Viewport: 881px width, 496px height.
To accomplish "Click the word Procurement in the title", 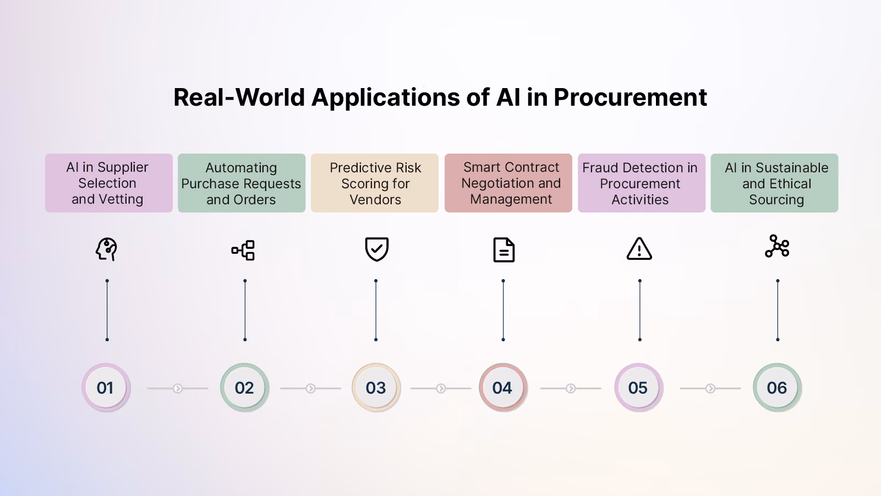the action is pyautogui.click(x=630, y=97).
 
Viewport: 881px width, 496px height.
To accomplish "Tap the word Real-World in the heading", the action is pyautogui.click(x=239, y=97).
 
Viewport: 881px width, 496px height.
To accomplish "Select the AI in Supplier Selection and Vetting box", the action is pyautogui.click(x=109, y=183).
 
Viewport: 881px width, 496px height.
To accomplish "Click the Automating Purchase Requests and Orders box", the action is pyautogui.click(x=242, y=183).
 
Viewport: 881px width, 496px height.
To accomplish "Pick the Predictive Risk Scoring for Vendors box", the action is pyautogui.click(x=375, y=183).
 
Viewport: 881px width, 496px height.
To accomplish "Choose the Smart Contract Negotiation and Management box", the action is pyautogui.click(x=508, y=183).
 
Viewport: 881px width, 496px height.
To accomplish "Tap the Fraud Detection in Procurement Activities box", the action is pyautogui.click(x=642, y=183).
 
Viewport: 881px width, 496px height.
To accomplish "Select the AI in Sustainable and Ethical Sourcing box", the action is pyautogui.click(x=774, y=183).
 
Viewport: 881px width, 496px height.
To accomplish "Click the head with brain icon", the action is pyautogui.click(x=107, y=249).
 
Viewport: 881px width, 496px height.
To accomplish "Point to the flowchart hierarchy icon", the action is pyautogui.click(x=243, y=250).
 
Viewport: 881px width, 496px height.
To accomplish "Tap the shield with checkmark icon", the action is pyautogui.click(x=377, y=249).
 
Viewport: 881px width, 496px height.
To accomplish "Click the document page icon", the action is pyautogui.click(x=504, y=250).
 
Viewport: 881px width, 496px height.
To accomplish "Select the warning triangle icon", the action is pyautogui.click(x=639, y=249).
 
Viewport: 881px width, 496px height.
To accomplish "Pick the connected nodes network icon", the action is pyautogui.click(x=777, y=246).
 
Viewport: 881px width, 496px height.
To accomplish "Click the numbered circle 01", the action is pyautogui.click(x=106, y=388).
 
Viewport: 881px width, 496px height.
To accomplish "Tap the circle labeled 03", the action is pyautogui.click(x=376, y=388).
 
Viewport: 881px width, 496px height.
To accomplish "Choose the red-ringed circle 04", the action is pyautogui.click(x=503, y=388).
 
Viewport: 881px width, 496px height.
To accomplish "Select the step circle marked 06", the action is pyautogui.click(x=777, y=388).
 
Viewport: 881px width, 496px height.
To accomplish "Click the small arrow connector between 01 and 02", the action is pyautogui.click(x=178, y=389).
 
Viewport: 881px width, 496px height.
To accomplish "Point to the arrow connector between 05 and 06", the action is pyautogui.click(x=710, y=389).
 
